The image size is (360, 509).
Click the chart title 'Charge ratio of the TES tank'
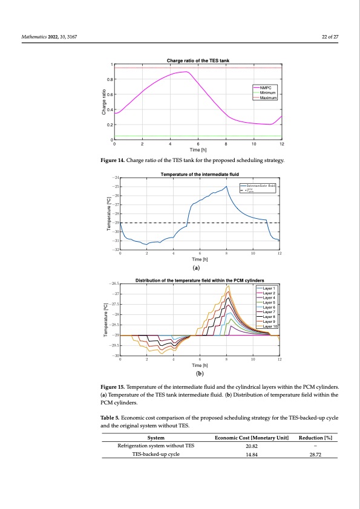tap(197, 59)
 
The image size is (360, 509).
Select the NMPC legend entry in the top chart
tap(267, 88)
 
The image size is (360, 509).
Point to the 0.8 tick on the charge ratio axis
tap(110, 79)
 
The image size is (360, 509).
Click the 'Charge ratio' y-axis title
tap(104, 102)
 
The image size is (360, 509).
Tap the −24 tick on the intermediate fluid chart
tap(114, 178)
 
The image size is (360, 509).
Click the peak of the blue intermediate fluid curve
tap(227, 186)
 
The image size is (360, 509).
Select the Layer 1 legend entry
tap(266, 288)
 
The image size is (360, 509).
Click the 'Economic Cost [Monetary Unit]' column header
tap(252, 438)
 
